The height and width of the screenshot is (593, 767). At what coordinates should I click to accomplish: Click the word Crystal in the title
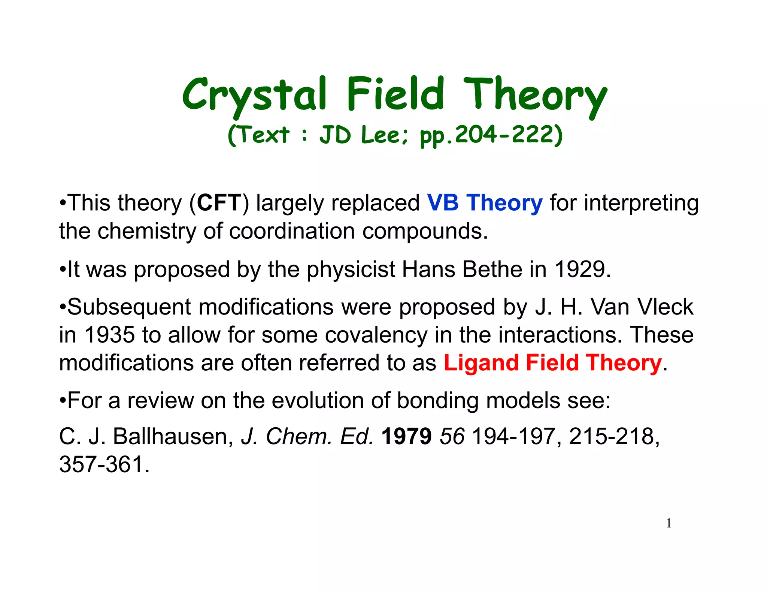tap(255, 94)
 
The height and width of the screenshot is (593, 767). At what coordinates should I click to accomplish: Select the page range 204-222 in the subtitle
tap(506, 135)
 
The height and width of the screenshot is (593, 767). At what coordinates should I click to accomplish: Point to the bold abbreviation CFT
tap(219, 203)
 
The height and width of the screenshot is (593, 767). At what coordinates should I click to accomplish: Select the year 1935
tap(109, 335)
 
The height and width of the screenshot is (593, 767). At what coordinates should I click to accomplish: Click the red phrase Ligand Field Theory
tap(553, 363)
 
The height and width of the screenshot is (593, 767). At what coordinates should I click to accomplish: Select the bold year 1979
tap(406, 437)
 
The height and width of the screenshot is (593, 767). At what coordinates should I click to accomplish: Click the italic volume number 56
tap(452, 437)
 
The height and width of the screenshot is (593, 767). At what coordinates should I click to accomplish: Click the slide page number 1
tap(669, 523)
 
